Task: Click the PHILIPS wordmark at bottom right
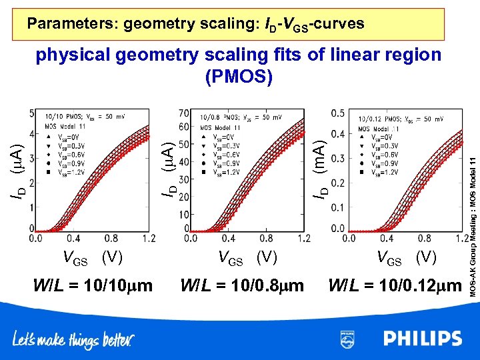click(x=422, y=339)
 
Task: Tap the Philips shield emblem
click(x=347, y=339)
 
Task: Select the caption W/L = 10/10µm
click(x=93, y=285)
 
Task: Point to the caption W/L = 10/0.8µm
click(x=242, y=285)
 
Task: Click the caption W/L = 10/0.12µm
click(x=395, y=285)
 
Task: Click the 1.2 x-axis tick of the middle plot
click(x=303, y=238)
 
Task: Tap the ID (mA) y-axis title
click(x=321, y=170)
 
